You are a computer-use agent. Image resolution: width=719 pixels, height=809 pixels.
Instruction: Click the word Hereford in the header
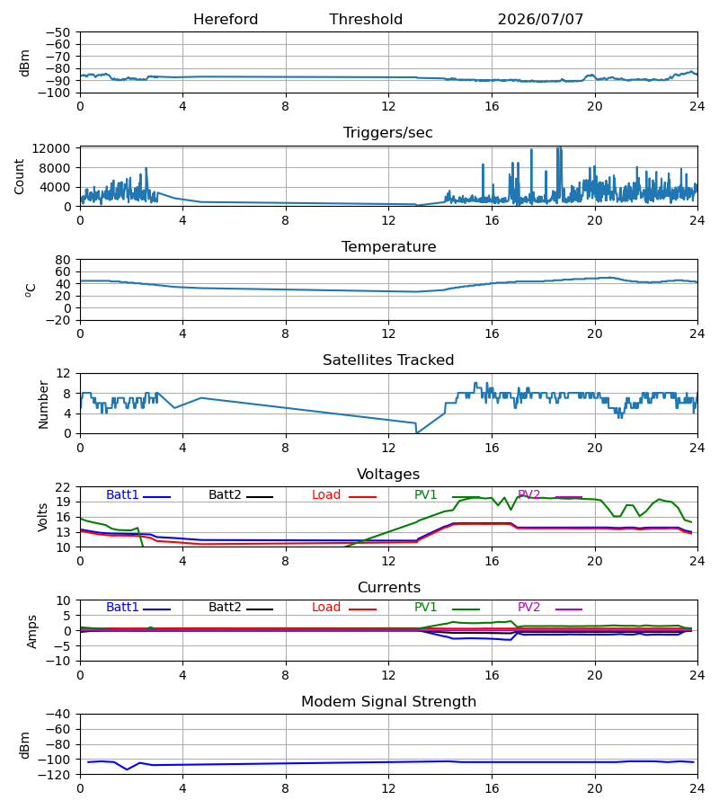(226, 19)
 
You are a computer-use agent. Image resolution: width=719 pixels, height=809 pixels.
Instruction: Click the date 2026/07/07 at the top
(540, 19)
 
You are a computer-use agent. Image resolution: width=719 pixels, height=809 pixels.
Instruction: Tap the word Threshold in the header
(366, 19)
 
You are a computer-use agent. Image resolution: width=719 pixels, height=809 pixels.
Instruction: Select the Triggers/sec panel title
(388, 133)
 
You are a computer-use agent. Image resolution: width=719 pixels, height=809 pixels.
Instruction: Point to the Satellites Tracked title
(388, 360)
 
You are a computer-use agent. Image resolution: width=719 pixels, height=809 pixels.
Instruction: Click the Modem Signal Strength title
(388, 702)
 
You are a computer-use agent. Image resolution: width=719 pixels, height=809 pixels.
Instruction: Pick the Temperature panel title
(388, 246)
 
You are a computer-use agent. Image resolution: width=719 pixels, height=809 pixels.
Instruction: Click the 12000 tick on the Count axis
(50, 148)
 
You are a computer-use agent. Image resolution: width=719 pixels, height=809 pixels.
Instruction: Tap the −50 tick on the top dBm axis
(58, 32)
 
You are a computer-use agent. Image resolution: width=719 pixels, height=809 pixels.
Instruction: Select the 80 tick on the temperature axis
(62, 260)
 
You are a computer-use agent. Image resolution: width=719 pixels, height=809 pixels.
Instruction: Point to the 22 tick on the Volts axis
(62, 487)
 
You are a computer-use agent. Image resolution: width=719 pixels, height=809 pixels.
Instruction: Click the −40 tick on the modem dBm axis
(58, 715)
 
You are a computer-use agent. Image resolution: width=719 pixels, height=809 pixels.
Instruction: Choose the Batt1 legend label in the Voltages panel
(122, 494)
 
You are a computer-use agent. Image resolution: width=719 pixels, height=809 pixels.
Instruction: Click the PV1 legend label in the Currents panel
(425, 608)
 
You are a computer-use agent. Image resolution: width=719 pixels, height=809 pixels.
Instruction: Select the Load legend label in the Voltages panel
(326, 494)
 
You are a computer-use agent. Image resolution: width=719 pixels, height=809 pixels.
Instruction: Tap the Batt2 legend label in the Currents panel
(225, 608)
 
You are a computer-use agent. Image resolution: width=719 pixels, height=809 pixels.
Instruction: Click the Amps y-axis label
(32, 632)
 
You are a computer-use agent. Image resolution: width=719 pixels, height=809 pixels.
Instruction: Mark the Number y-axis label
(43, 405)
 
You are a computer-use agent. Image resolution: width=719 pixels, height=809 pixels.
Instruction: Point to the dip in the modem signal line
(128, 769)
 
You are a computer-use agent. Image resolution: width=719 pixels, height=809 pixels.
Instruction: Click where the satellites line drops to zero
(417, 433)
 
